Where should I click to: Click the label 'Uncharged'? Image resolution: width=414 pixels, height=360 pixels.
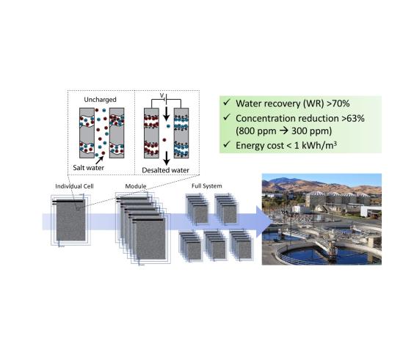(100, 100)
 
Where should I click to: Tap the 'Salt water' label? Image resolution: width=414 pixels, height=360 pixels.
(88, 167)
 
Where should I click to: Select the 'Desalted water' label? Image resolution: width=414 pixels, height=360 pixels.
(166, 170)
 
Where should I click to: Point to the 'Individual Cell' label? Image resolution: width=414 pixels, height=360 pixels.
(74, 186)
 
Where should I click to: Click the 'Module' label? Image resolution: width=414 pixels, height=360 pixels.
(136, 186)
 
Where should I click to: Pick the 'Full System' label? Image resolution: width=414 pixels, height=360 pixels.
(207, 186)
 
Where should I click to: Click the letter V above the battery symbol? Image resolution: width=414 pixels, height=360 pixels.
(161, 95)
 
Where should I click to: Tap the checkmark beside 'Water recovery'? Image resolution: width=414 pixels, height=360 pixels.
(227, 103)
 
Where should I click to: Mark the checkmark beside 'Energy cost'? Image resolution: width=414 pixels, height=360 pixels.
(227, 144)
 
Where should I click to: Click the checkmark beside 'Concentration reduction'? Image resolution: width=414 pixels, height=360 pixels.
(227, 117)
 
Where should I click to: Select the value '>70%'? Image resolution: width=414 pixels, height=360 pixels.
(338, 103)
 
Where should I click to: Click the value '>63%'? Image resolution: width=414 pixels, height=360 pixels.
(353, 119)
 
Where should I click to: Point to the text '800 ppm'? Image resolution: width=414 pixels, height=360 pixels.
(258, 131)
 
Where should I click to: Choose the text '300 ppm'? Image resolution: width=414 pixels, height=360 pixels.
(310, 131)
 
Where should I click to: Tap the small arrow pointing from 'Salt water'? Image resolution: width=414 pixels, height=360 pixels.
(99, 160)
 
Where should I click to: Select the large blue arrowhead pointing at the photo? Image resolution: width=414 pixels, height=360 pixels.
(264, 221)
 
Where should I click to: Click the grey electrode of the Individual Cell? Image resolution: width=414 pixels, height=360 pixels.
(70, 220)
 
